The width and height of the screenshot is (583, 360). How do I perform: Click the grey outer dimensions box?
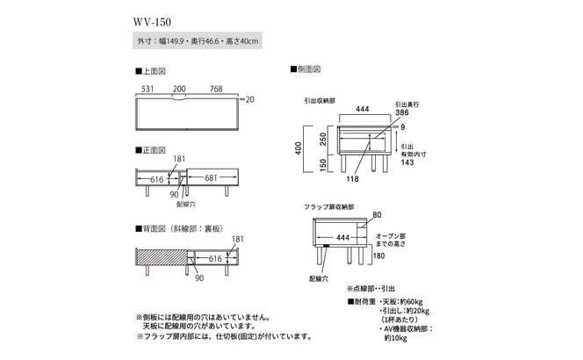tap(195, 40)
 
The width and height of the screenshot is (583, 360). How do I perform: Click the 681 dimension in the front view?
tap(210, 178)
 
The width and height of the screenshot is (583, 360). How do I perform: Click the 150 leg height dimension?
tap(324, 163)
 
